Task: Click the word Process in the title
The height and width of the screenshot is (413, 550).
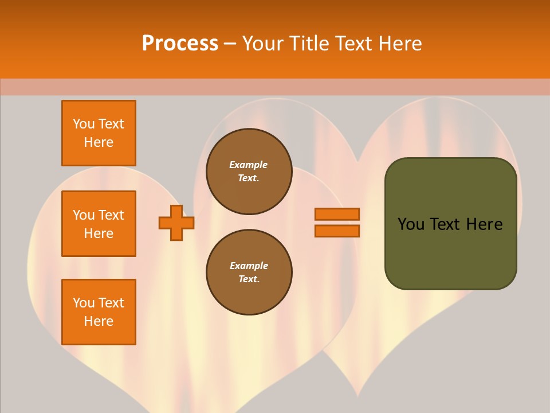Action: click(180, 44)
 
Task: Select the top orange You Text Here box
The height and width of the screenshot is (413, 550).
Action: click(99, 133)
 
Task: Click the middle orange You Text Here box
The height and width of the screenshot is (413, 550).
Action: click(99, 224)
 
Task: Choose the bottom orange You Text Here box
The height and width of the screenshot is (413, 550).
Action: click(99, 312)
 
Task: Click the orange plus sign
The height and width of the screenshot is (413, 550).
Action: click(176, 223)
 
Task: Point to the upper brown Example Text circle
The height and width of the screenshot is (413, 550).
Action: click(249, 172)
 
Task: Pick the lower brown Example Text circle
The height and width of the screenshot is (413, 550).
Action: click(249, 272)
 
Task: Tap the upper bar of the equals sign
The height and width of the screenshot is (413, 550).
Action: click(337, 214)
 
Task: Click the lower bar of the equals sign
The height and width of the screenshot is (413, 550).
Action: click(337, 231)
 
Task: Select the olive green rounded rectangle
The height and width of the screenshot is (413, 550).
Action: click(450, 224)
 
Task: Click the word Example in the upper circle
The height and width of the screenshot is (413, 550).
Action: click(249, 165)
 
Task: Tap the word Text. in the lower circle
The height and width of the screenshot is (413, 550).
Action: click(249, 279)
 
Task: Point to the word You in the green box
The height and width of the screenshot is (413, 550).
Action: click(410, 224)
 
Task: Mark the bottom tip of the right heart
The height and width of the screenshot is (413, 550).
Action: click(359, 396)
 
